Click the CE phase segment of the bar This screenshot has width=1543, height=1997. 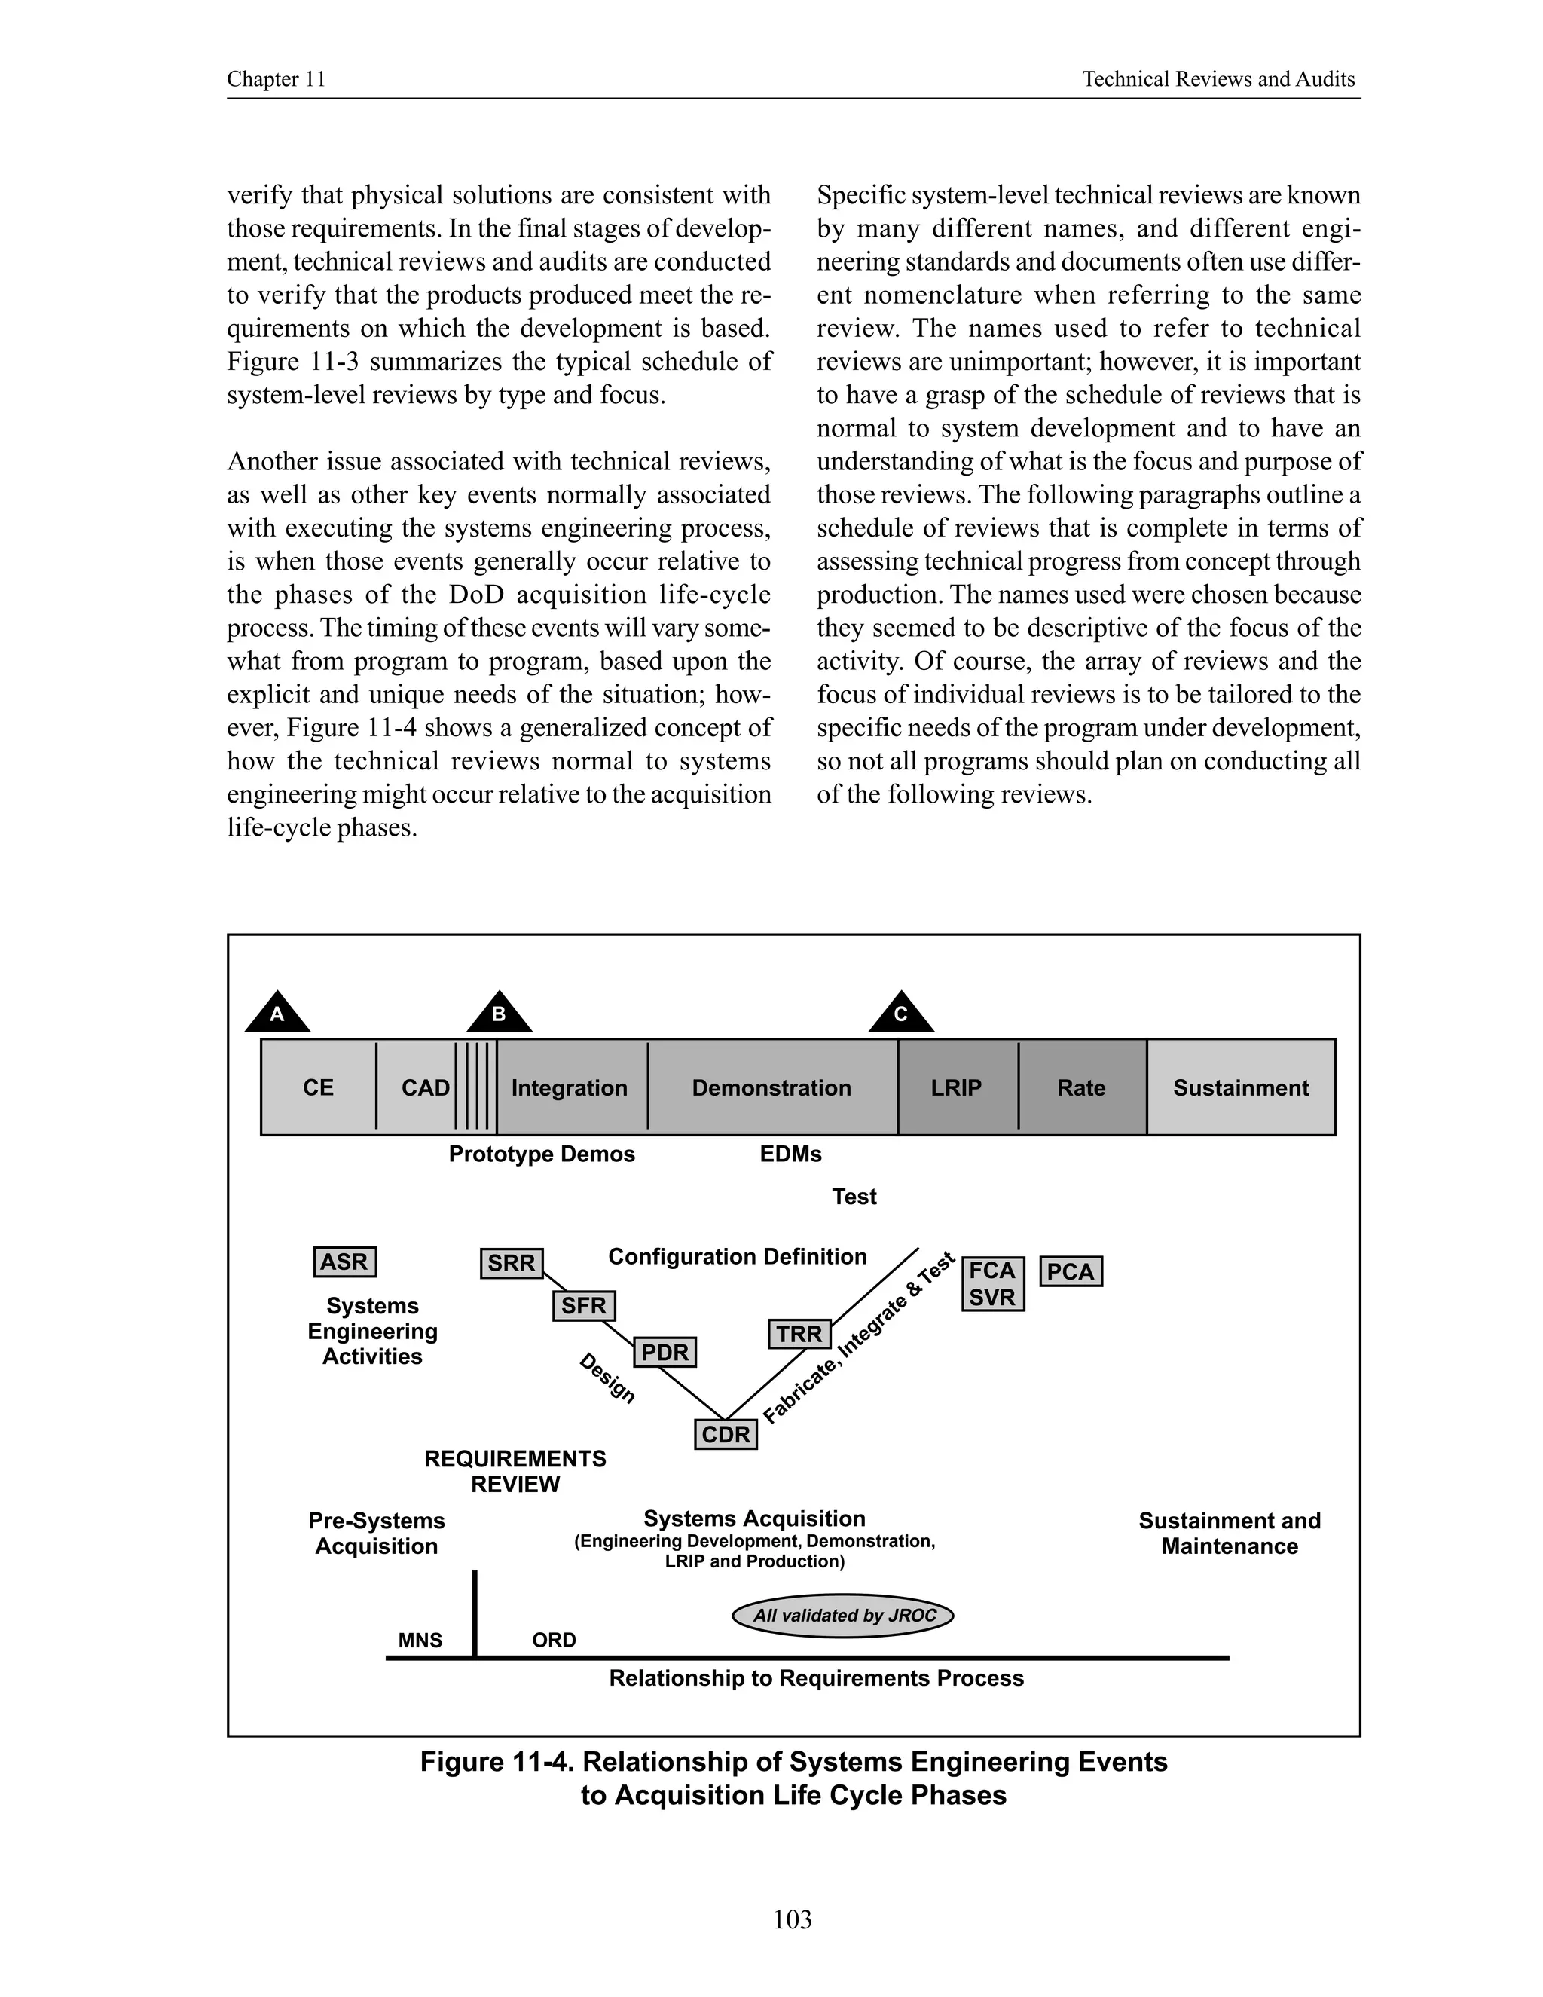(x=318, y=1087)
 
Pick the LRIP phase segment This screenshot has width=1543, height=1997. (x=956, y=1087)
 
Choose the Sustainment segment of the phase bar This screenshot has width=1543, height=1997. (x=1240, y=1087)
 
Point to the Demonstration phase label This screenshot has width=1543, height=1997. (x=771, y=1087)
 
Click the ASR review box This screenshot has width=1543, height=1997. (x=344, y=1262)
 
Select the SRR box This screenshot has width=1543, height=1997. (x=511, y=1263)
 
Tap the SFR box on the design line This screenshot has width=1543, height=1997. (x=583, y=1306)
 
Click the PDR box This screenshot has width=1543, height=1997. (x=665, y=1351)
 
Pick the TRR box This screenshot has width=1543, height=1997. (x=799, y=1334)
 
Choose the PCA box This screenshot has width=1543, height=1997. (x=1071, y=1271)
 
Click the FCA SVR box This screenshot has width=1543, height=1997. (x=993, y=1283)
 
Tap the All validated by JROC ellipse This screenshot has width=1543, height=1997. (x=843, y=1616)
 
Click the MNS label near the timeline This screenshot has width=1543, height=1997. (x=420, y=1641)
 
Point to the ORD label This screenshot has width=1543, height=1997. (x=554, y=1641)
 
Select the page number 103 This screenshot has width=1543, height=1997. (x=792, y=1919)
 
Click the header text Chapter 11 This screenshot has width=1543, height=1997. (x=276, y=80)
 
